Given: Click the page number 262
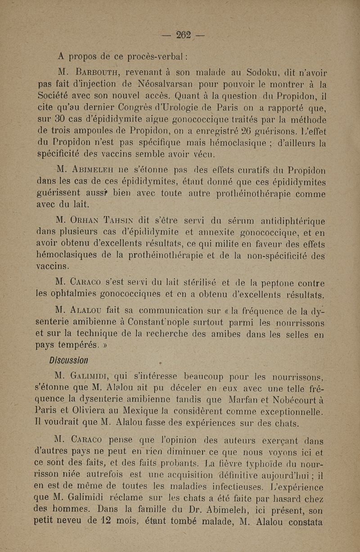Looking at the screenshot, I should pos(184,34).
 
